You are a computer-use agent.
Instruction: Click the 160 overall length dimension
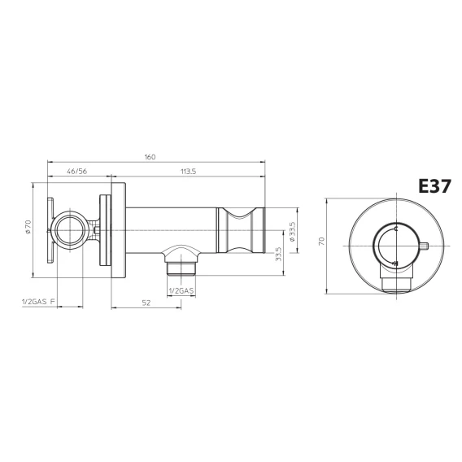pyautogui.click(x=150, y=157)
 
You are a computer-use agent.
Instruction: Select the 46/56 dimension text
pyautogui.click(x=77, y=171)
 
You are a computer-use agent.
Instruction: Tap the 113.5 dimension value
pyautogui.click(x=188, y=171)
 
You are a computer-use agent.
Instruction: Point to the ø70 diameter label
pyautogui.click(x=28, y=227)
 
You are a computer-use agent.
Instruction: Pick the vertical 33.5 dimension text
pyautogui.click(x=279, y=254)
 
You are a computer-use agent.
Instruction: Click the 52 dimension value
pyautogui.click(x=146, y=303)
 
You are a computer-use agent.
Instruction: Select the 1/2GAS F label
pyautogui.click(x=38, y=302)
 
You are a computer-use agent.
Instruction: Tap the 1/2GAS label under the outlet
pyautogui.click(x=181, y=291)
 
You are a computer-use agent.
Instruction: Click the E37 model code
pyautogui.click(x=434, y=186)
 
